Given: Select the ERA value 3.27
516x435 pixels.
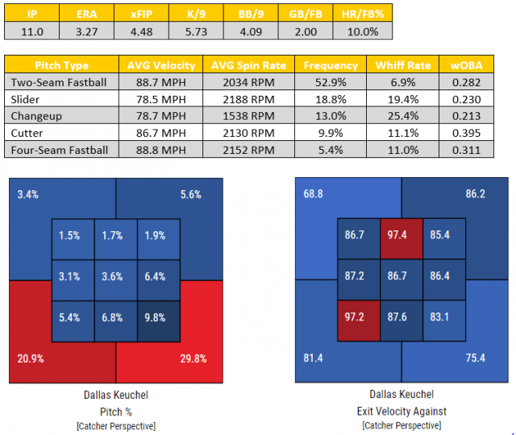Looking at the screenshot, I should click(88, 31).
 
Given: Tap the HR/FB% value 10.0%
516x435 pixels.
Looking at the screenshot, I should click(362, 31).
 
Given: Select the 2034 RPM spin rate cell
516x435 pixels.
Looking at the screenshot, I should click(251, 82).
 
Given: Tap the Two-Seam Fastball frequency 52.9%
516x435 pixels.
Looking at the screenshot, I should click(331, 82).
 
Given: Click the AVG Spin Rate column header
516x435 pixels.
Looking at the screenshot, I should click(251, 64).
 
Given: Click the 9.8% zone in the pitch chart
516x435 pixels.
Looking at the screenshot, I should click(157, 317).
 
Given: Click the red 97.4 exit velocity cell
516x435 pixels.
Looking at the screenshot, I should click(402, 236).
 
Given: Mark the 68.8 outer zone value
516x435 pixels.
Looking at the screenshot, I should click(313, 194).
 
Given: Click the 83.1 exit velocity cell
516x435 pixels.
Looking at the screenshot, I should click(443, 317).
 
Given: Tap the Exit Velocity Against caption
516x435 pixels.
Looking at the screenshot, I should click(402, 411).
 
